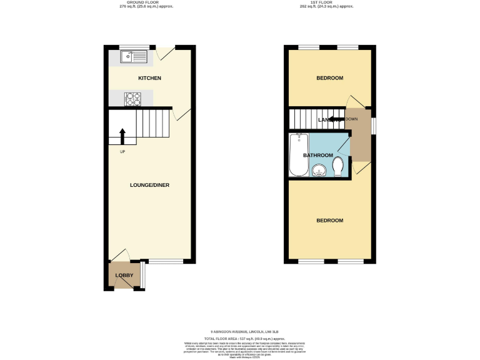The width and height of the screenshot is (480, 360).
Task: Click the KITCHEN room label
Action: tap(149, 78)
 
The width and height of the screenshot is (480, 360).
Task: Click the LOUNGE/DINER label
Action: tap(149, 185)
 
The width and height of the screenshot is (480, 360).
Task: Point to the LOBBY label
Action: tap(124, 276)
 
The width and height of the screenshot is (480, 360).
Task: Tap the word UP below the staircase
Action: tap(122, 151)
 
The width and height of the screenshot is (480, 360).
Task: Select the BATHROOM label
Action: tap(318, 155)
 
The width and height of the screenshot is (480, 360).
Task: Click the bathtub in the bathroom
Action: tap(299, 156)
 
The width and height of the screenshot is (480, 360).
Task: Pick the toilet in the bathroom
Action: tap(338, 167)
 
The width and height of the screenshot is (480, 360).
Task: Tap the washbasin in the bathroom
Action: tap(319, 170)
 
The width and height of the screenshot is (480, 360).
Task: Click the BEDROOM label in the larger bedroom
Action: tap(329, 221)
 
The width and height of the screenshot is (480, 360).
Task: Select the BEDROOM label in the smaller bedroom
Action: tap(329, 78)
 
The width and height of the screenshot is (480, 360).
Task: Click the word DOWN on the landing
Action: tap(351, 119)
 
